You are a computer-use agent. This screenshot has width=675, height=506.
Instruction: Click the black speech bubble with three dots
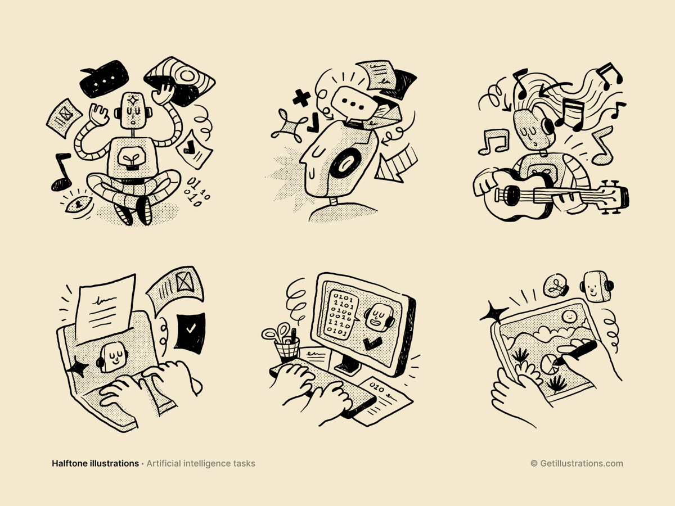pos(104,79)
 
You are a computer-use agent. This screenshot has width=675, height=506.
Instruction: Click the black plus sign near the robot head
pos(301,98)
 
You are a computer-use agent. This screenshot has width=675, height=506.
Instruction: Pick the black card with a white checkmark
pos(190,333)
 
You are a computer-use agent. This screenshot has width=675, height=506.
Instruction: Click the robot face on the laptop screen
pos(113,358)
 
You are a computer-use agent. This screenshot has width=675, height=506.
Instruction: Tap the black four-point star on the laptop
pos(77,367)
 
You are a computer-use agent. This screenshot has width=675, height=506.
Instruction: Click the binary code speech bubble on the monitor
pos(341,315)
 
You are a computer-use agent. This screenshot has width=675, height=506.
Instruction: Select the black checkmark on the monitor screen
pos(373,343)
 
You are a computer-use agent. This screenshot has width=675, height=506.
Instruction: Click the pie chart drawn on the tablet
pos(550,364)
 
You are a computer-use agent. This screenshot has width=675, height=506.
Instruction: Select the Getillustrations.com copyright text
pos(577,463)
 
